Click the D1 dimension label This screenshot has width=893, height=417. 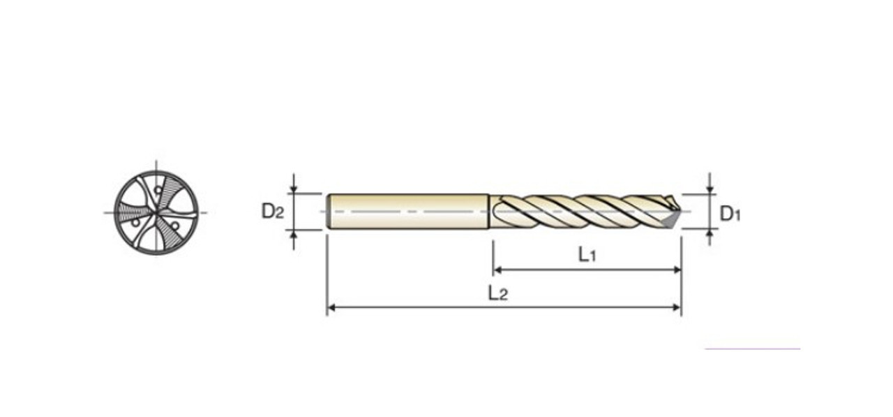pyautogui.click(x=729, y=214)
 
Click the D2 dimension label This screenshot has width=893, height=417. pyautogui.click(x=273, y=210)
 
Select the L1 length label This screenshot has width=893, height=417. pyautogui.click(x=587, y=255)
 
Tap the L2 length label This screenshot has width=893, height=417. pyautogui.click(x=497, y=293)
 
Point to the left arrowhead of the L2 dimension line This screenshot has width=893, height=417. pyautogui.click(x=331, y=307)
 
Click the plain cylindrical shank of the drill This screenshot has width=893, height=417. pyautogui.click(x=408, y=212)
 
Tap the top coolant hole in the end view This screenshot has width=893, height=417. pyautogui.click(x=158, y=190)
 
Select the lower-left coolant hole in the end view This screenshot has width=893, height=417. pyautogui.click(x=136, y=222)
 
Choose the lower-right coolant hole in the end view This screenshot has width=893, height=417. pyautogui.click(x=175, y=226)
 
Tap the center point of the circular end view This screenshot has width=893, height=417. pyautogui.click(x=156, y=212)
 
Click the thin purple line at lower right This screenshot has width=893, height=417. pyautogui.click(x=752, y=349)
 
